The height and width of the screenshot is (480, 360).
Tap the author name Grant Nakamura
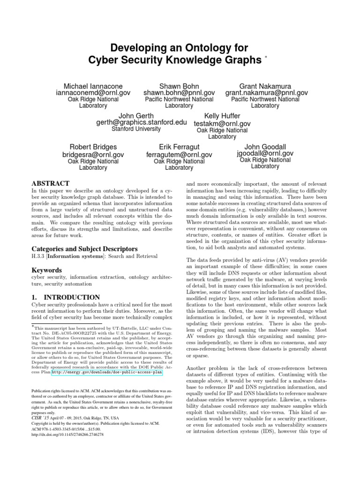[265, 86]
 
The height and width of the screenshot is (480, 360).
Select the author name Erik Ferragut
[179, 147]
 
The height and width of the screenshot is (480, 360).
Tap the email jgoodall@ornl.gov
[265, 153]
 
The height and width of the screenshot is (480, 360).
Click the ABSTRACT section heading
[50, 183]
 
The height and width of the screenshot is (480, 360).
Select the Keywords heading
[47, 270]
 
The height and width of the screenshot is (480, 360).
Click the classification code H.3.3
[38, 256]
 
